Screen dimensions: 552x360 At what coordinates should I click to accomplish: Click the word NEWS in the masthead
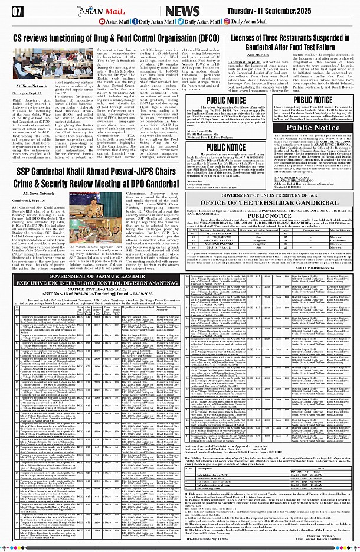pos(182,11)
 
